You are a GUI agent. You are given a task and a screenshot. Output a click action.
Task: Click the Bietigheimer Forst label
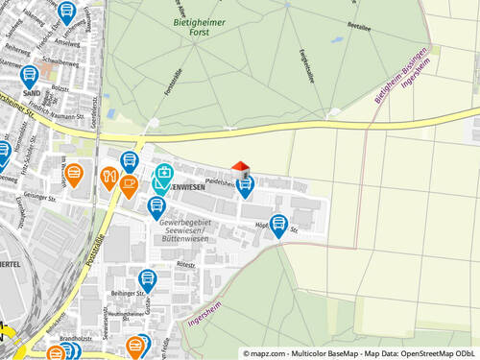pyautogui.click(x=198, y=26)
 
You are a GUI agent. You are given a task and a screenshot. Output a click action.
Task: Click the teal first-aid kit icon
pyautogui.click(x=164, y=176)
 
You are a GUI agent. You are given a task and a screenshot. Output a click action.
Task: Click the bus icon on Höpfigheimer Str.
pyautogui.click(x=278, y=225)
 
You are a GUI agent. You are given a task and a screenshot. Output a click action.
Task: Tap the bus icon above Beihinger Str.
pyautogui.click(x=147, y=279)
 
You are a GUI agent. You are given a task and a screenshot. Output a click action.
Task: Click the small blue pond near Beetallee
pyautogui.click(x=336, y=40)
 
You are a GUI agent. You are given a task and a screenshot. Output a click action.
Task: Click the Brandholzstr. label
pyautogui.click(x=76, y=338)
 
